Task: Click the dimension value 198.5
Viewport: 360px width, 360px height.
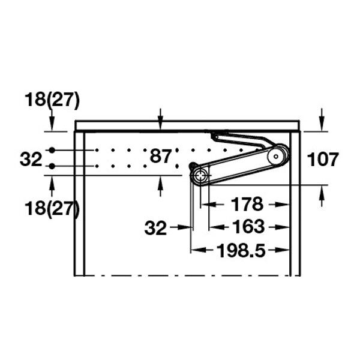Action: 241,250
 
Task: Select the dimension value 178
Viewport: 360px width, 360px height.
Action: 247,204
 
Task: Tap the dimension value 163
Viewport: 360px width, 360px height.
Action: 248,227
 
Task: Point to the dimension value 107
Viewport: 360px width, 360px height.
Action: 323,160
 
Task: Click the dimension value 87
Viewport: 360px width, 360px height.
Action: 160,156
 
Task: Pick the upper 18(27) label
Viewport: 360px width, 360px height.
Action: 52,100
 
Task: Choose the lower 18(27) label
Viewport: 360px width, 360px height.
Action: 52,208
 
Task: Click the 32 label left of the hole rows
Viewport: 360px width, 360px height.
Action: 31,160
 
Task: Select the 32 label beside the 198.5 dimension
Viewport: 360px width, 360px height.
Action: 155,228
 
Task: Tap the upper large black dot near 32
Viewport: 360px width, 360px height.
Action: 52,150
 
